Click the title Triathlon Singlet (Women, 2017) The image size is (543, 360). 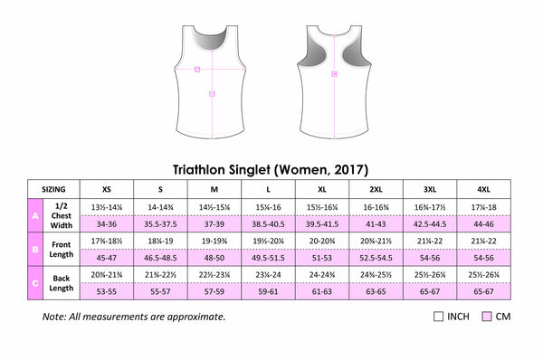coord(271,168)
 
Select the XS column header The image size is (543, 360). coord(107,190)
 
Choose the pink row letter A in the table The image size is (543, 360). coord(34,218)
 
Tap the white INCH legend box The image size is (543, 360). coord(439,317)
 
